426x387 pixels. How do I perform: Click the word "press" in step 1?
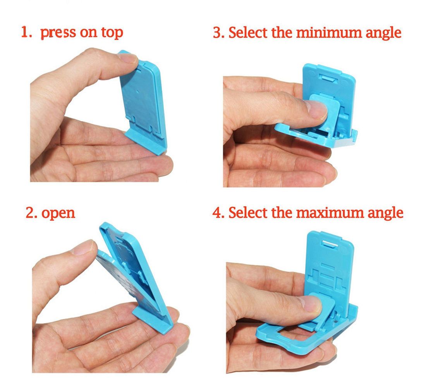[58, 33]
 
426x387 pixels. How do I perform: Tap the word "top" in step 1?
[112, 33]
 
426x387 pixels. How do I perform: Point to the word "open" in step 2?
[58, 213]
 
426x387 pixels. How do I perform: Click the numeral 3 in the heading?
[218, 33]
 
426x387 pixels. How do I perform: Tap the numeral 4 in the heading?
[217, 212]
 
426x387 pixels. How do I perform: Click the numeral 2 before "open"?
[30, 213]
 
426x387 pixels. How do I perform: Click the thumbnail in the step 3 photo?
[316, 110]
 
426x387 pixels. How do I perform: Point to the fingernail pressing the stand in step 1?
[128, 58]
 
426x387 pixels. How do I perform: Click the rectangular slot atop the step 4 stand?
[331, 244]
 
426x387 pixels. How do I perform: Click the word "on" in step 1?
[89, 33]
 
